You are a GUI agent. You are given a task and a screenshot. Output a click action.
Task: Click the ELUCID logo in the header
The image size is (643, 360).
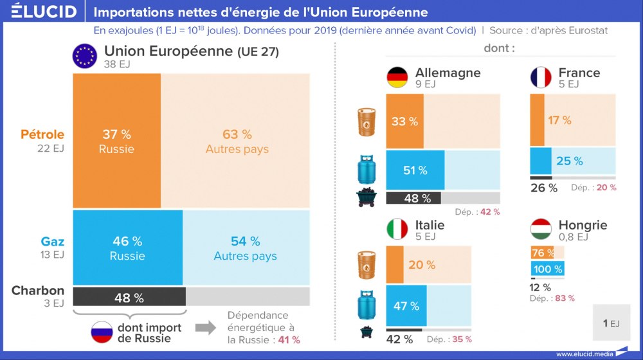pos(44,12)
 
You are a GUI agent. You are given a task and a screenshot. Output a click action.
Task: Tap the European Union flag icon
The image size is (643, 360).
pos(84,56)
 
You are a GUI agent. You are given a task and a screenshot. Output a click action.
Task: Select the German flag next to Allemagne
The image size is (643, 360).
pos(397,77)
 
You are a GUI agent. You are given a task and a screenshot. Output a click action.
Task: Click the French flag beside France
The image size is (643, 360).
pos(541,77)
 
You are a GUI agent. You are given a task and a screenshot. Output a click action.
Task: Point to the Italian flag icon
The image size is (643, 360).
pos(397,230)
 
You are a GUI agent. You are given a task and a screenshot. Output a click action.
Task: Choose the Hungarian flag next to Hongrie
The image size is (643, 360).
pos(541,230)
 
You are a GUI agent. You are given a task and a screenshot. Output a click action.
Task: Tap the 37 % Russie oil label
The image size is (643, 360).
pos(116,141)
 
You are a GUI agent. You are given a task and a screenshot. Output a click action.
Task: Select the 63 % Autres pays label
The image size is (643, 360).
pos(237,141)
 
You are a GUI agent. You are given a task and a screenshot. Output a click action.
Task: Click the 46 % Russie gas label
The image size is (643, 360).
pos(127,248)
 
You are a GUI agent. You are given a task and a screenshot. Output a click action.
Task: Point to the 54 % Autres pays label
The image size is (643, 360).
pos(245,248)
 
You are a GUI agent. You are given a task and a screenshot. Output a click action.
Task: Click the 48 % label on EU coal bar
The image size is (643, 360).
pos(129,298)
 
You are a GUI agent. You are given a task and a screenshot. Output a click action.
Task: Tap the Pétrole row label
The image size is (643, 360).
pos(42,135)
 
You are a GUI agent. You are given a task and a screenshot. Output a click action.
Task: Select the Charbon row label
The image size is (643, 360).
pos(38,291)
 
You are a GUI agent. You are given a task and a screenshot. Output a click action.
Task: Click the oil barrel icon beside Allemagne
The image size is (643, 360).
pos(368,122)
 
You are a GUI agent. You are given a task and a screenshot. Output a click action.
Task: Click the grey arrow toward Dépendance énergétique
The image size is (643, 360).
pos(205,327)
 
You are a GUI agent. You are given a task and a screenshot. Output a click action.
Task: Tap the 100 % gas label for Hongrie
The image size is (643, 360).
pos(547,269)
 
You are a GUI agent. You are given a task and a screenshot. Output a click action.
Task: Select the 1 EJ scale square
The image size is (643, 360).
pos(611,323)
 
